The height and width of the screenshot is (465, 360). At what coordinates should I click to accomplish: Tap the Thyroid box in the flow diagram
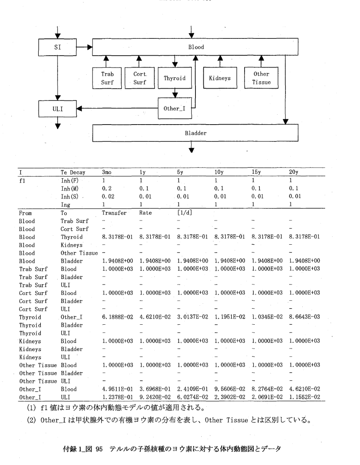click(175, 78)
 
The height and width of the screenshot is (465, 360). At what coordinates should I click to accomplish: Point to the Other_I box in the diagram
click(174, 109)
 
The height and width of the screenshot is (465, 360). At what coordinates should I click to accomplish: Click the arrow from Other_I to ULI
click(118, 109)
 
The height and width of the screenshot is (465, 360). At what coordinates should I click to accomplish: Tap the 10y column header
click(219, 171)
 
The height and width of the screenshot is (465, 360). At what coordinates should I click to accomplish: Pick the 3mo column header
click(107, 171)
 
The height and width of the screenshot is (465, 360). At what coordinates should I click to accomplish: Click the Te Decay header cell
click(73, 171)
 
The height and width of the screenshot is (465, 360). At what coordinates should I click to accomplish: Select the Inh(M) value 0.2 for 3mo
click(106, 186)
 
